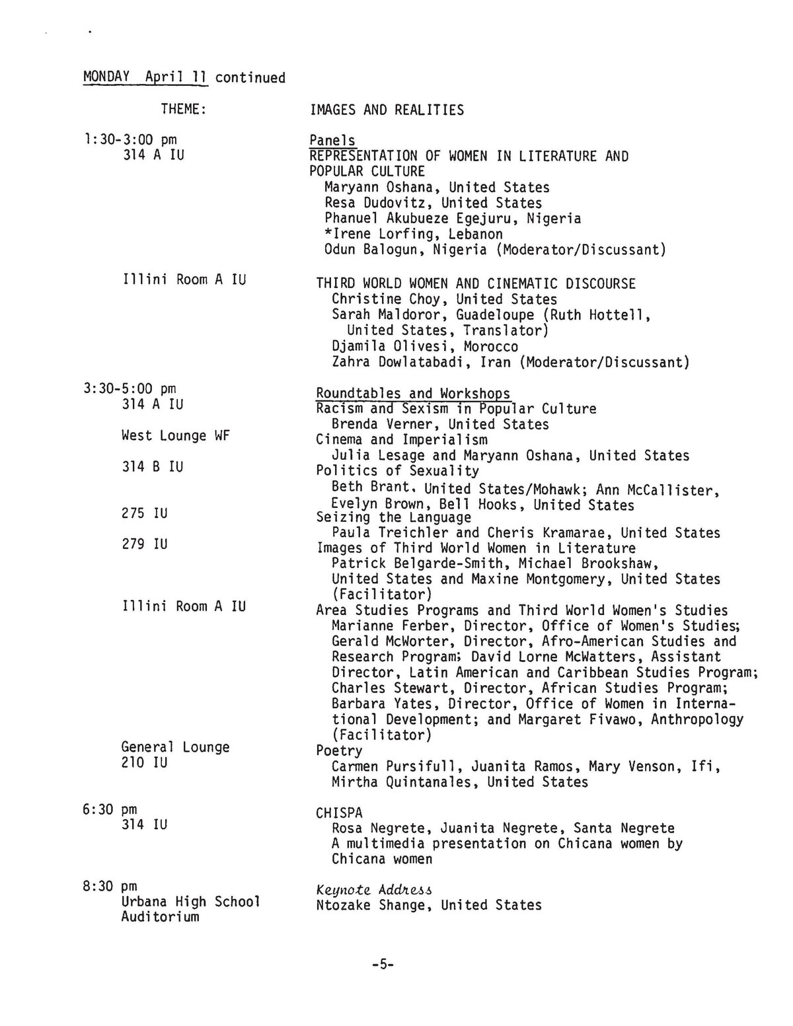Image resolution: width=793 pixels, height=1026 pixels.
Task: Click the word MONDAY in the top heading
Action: click(x=106, y=77)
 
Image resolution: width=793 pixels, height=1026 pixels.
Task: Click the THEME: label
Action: click(x=184, y=109)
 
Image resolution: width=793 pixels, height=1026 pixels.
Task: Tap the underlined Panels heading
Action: click(x=332, y=141)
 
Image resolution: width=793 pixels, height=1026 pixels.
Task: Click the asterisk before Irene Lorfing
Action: click(x=328, y=234)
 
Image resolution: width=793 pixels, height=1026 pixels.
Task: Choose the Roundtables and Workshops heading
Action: click(x=413, y=394)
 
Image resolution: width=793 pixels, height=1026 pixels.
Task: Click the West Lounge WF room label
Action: click(x=175, y=436)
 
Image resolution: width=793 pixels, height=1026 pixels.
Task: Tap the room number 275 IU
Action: click(x=145, y=513)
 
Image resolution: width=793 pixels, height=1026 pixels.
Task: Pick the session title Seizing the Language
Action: click(x=393, y=517)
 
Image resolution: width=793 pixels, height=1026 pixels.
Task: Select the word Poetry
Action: click(x=339, y=751)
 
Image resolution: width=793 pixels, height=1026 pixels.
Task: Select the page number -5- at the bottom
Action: click(x=383, y=965)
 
